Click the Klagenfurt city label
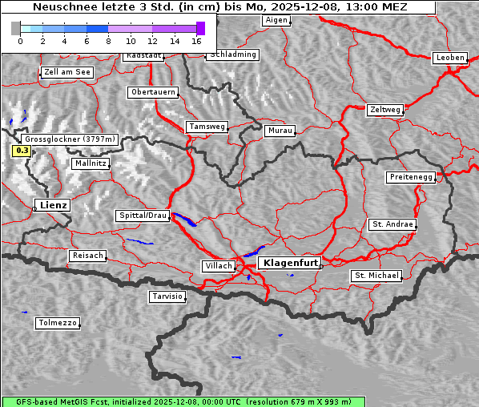[292, 263]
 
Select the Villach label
[218, 265]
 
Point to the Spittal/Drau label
[143, 216]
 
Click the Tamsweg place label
[207, 127]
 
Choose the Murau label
[280, 130]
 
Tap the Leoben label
[449, 58]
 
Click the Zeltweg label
[385, 109]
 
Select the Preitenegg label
[411, 177]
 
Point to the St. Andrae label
[392, 224]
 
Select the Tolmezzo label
[58, 323]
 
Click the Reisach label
[87, 256]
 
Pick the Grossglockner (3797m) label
[71, 139]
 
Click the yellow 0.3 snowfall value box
[22, 150]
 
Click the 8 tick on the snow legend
[108, 40]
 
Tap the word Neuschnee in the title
[61, 7]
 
